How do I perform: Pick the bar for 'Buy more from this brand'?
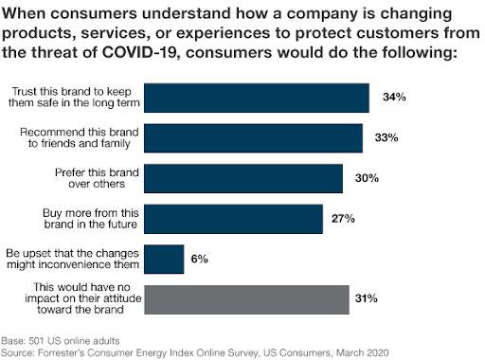click(x=237, y=218)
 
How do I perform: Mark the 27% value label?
click(x=344, y=218)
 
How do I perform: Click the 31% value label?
click(x=368, y=298)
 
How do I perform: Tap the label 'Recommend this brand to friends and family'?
click(x=91, y=137)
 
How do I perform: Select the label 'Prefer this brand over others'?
click(x=102, y=177)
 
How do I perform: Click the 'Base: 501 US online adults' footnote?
click(x=57, y=338)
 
